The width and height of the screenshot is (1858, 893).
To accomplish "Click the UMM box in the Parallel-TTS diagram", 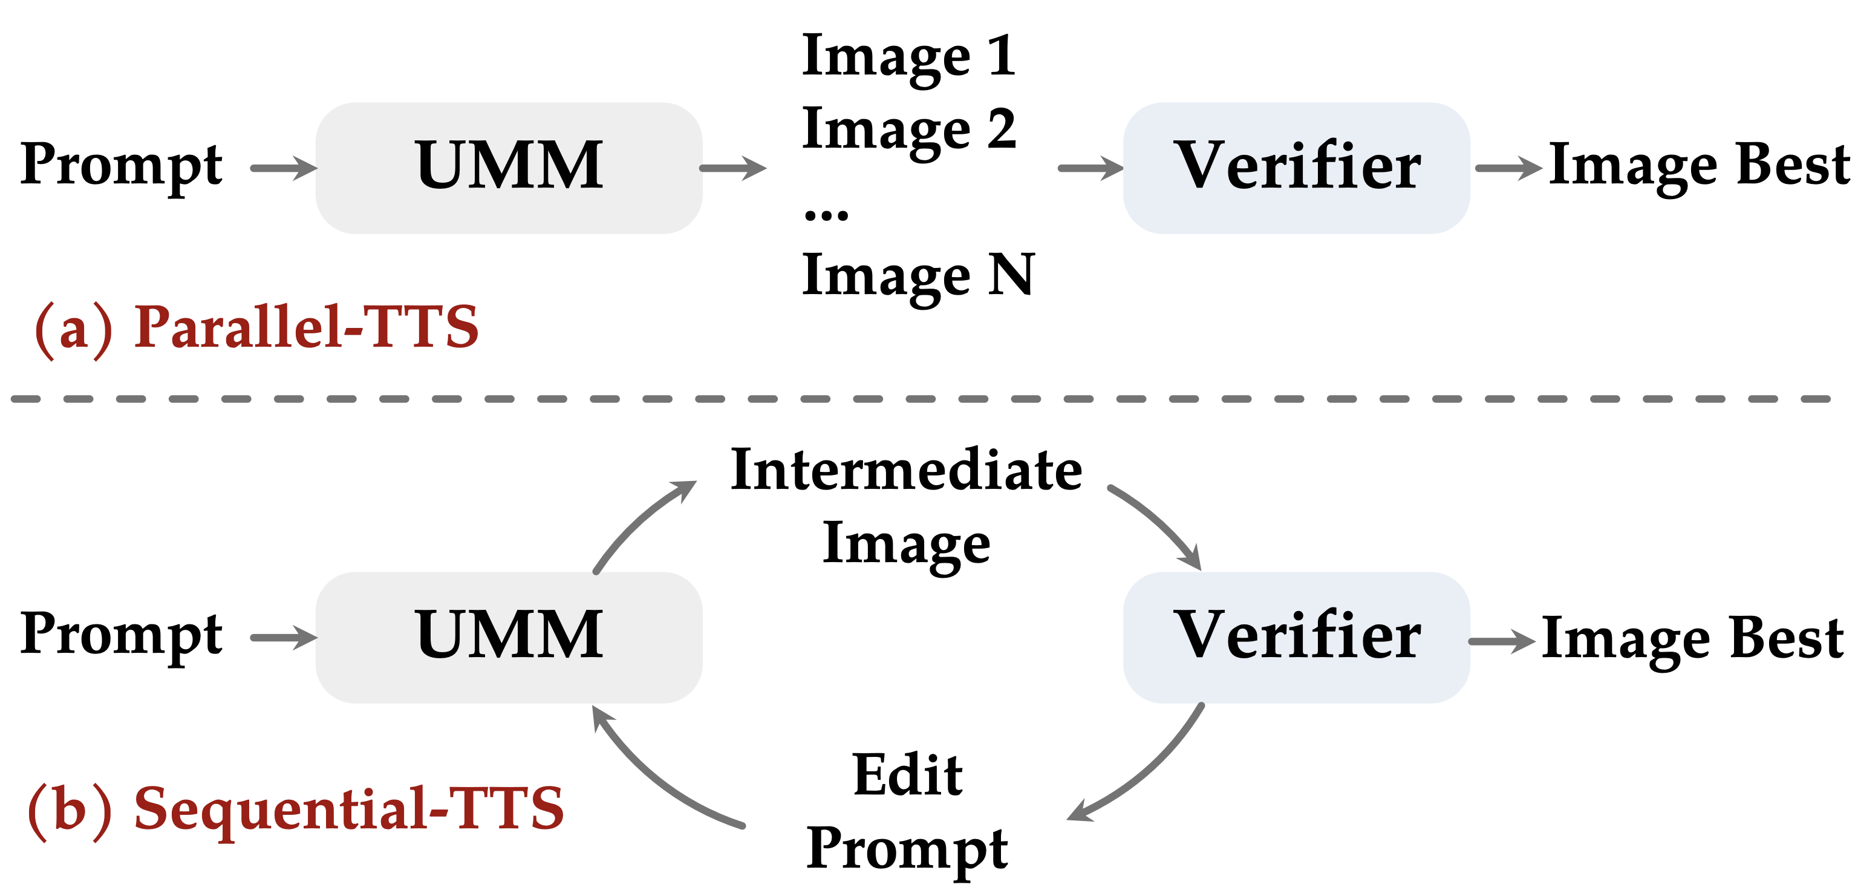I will point(509,168).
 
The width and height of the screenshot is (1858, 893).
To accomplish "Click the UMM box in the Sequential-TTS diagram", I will point(509,637).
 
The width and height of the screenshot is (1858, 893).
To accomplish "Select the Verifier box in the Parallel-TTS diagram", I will point(1296,168).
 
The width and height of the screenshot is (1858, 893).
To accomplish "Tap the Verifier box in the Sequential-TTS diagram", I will point(1296,637).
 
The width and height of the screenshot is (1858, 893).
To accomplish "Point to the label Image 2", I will point(909,130).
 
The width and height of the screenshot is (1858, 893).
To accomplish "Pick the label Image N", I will point(918,276).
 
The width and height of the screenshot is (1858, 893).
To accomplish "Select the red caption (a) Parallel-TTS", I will point(256,328).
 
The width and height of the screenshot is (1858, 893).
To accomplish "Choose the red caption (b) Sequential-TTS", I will point(296,810).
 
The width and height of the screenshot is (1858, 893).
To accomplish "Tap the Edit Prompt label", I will point(907,811).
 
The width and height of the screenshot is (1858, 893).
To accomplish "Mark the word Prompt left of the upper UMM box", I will point(121,166).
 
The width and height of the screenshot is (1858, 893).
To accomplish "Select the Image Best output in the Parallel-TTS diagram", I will point(1698,166).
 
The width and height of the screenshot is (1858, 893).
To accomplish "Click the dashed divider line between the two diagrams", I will point(923,399).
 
